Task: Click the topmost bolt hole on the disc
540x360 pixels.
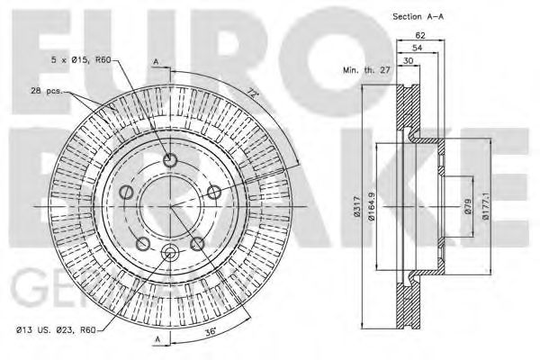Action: [170, 162]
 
